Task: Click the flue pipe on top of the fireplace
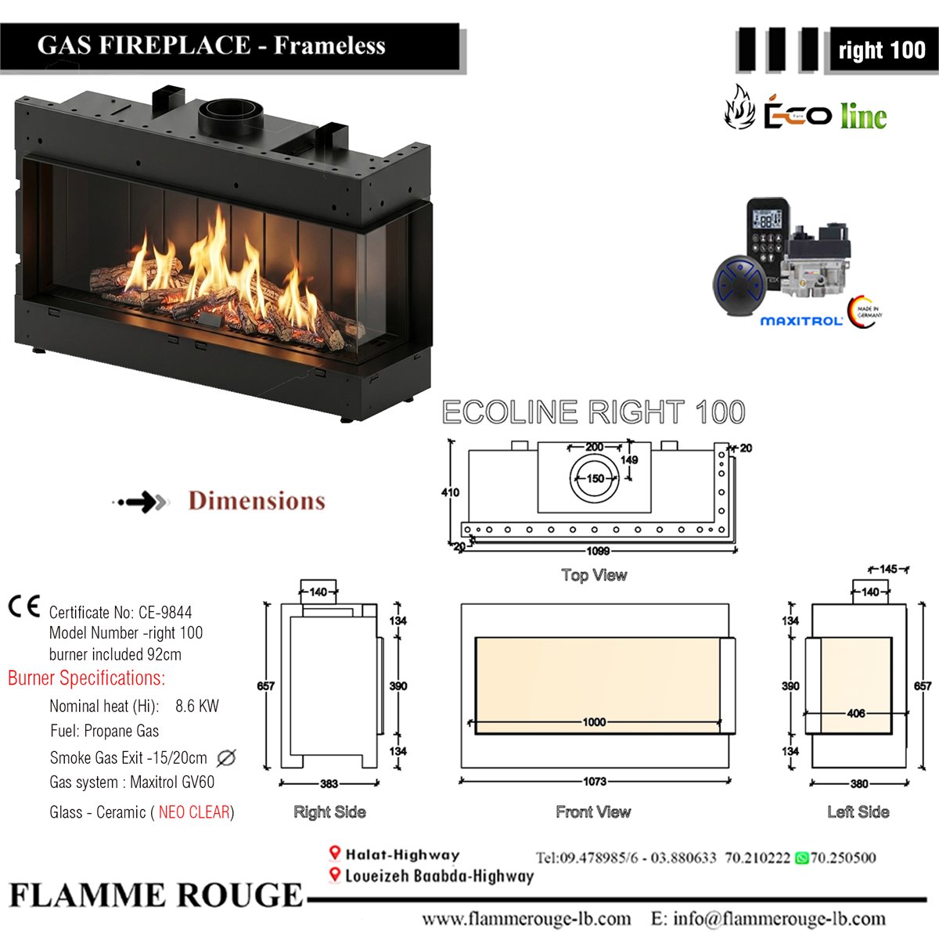pos(231,117)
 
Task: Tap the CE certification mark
pos(24,606)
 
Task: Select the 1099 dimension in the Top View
pos(598,551)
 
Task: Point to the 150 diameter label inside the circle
pos(595,479)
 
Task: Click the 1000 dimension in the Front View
pos(594,722)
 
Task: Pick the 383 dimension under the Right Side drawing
pos(329,783)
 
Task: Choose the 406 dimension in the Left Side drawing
pos(856,714)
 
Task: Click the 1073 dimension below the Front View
pos(595,782)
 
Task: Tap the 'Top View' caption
pos(594,575)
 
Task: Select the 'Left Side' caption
pos(858,811)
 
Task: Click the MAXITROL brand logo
pos(801,321)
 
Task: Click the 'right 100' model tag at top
pos(882,50)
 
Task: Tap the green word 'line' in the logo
pos(863,117)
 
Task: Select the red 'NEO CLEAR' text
pos(194,811)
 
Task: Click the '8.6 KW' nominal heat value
pos(197,706)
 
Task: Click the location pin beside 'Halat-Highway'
pos(334,853)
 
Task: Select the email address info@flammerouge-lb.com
pos(779,919)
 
